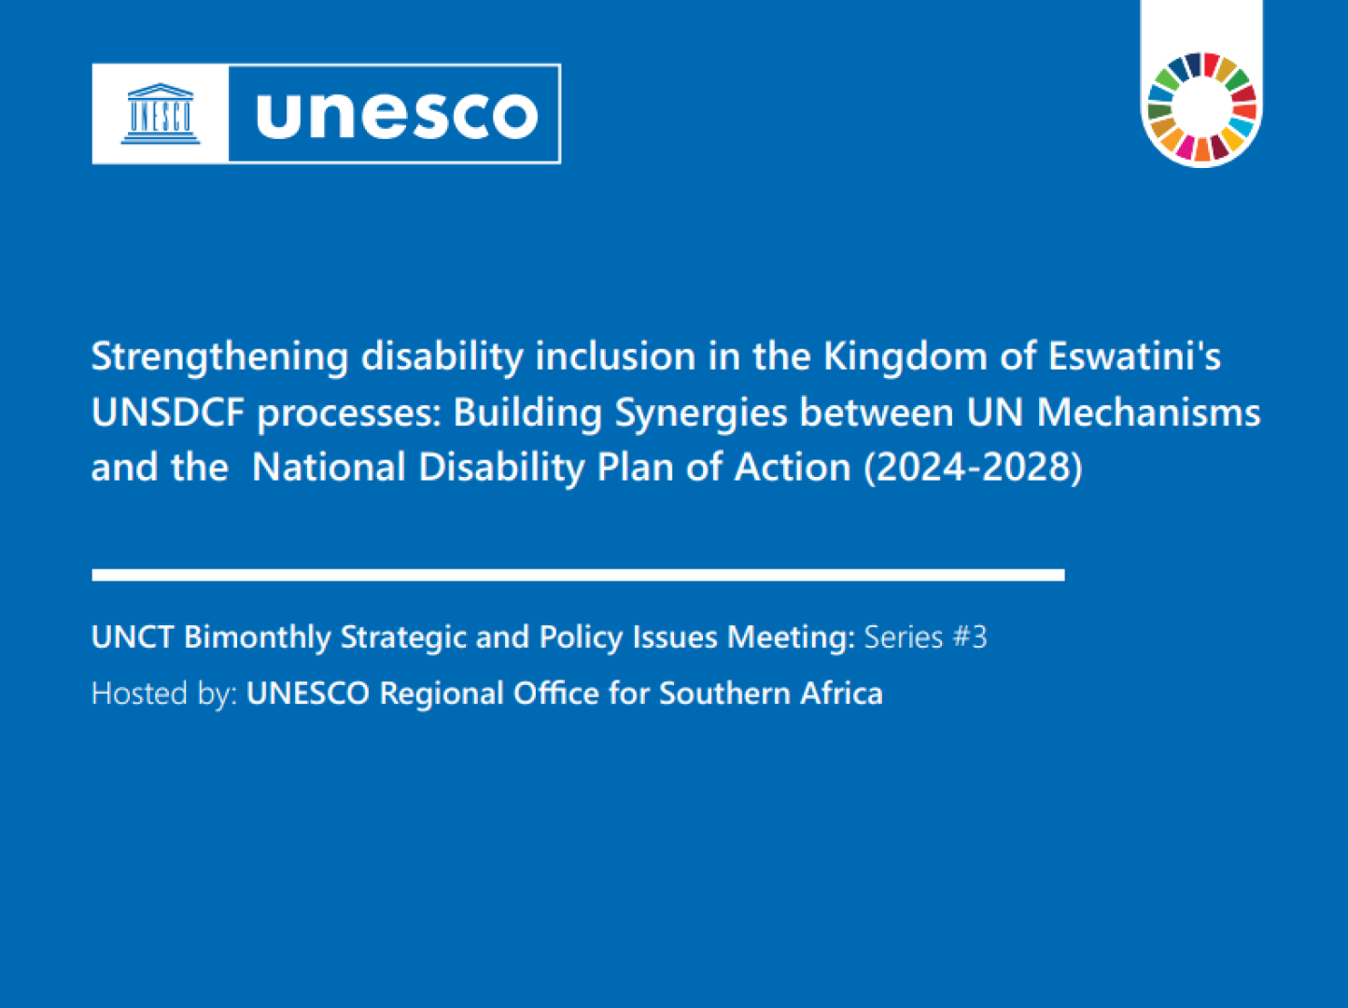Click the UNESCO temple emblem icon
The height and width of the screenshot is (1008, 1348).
click(x=161, y=114)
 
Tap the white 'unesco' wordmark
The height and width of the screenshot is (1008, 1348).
click(x=398, y=115)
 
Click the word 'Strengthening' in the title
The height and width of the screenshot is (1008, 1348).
click(x=220, y=356)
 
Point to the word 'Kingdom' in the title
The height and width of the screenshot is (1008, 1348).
click(x=906, y=356)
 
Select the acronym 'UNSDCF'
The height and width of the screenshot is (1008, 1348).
click(x=168, y=412)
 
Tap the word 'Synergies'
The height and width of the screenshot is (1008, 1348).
click(x=701, y=413)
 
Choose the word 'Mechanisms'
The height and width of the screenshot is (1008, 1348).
click(x=1149, y=412)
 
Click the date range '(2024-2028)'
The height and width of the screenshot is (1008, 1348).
click(x=974, y=468)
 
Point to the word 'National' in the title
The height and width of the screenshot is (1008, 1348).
click(x=329, y=468)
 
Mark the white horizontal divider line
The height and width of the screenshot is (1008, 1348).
click(x=578, y=575)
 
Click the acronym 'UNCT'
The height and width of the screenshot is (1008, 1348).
click(x=132, y=637)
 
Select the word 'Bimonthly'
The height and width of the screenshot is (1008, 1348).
click(x=258, y=637)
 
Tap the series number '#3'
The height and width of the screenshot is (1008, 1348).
click(x=970, y=637)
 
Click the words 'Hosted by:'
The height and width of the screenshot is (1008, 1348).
click(x=164, y=693)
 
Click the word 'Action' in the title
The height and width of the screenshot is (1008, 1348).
click(x=793, y=468)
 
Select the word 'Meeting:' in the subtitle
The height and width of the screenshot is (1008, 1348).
click(x=792, y=637)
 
